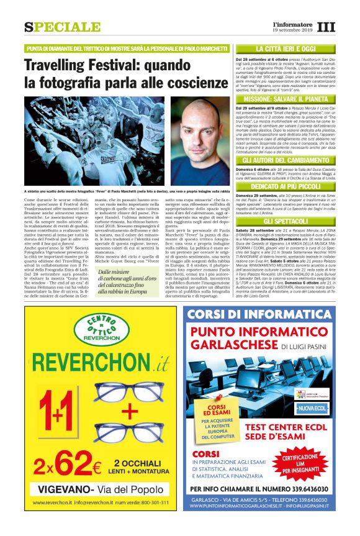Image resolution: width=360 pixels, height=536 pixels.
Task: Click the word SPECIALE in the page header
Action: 62,27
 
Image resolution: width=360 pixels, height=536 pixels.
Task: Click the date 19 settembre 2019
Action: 294,30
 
